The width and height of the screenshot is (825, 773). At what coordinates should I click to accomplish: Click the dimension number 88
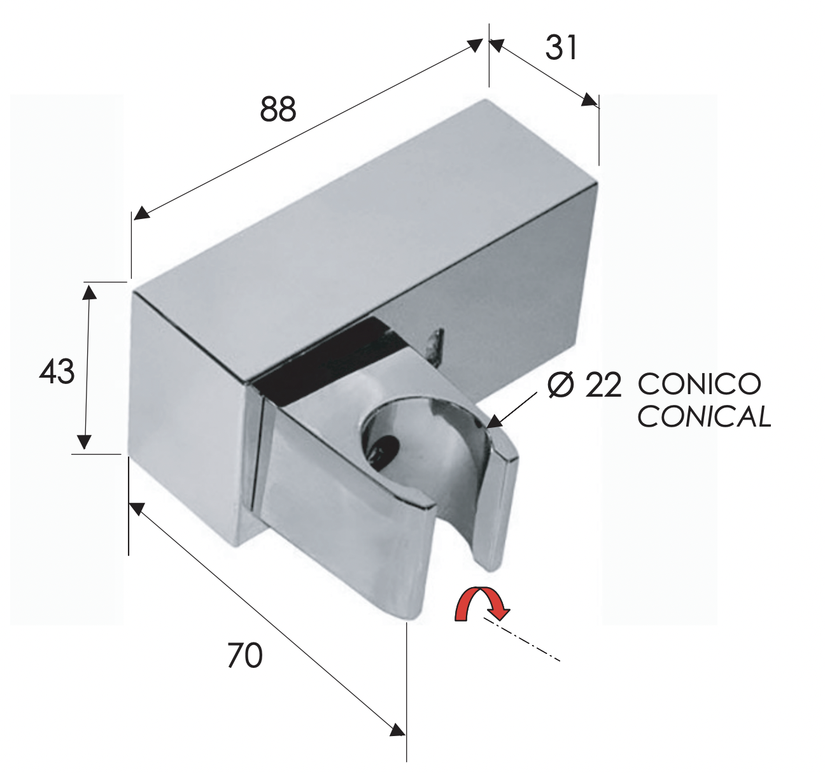tap(278, 110)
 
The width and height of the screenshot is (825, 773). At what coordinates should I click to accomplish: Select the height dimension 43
tap(57, 372)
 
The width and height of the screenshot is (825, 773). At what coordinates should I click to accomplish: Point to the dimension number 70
tap(245, 655)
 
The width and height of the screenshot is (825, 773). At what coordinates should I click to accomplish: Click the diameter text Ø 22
tap(584, 385)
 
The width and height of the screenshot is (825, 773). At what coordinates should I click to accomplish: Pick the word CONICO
tap(700, 385)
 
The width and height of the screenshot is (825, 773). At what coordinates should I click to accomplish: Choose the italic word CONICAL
tap(704, 417)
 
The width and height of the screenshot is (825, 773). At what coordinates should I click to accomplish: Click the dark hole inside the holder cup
tap(385, 445)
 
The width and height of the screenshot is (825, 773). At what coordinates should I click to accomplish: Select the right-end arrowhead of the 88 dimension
tap(475, 45)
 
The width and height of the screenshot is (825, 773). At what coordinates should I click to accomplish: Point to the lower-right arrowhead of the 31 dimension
tap(589, 100)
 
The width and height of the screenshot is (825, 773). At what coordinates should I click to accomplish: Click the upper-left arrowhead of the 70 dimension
tap(137, 509)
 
